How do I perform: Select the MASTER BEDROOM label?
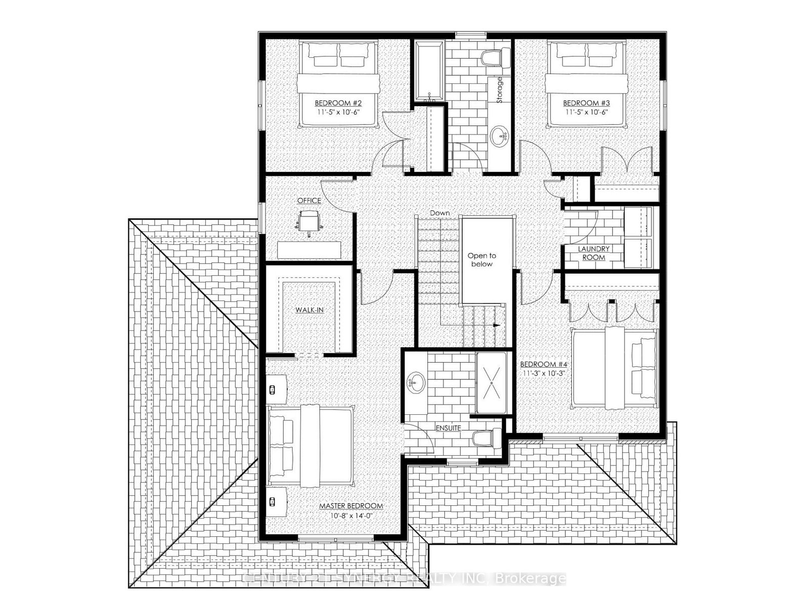tap(350, 506)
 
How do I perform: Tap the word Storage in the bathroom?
tap(500, 90)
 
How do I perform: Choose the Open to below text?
tap(481, 260)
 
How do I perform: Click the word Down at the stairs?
tap(439, 213)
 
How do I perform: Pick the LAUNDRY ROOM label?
tap(594, 253)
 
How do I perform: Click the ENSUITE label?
tap(448, 428)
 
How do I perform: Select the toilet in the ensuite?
tap(484, 438)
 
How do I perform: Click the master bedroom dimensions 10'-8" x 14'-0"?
tap(350, 516)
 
